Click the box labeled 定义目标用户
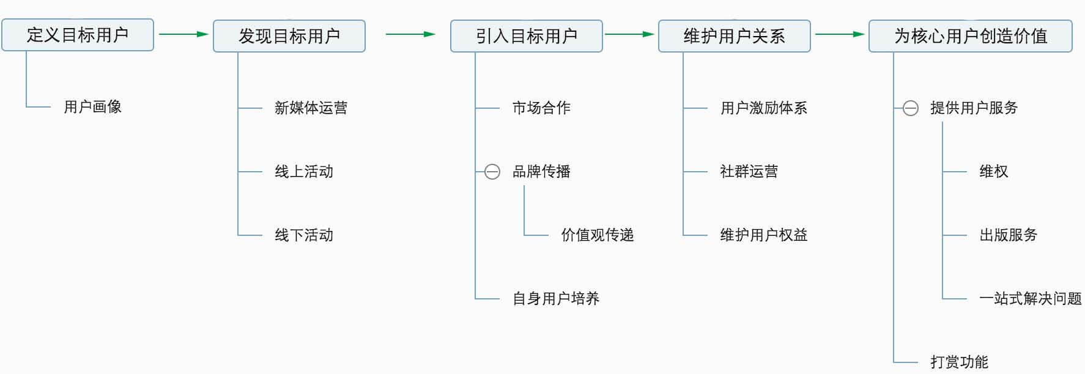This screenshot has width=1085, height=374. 78,35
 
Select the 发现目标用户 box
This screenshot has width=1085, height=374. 289,36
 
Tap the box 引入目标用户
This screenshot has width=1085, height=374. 527,36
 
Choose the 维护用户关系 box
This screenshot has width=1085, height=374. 734,36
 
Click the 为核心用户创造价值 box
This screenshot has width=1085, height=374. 971,36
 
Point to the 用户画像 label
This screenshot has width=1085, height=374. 92,107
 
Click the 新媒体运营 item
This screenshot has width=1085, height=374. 311,108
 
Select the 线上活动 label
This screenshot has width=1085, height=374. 304,172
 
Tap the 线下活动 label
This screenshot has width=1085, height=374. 304,235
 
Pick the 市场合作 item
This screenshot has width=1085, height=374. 541,108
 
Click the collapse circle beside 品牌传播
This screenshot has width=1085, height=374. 492,172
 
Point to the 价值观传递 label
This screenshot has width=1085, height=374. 598,235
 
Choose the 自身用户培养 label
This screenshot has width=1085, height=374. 556,299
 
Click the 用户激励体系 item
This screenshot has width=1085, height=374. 764,108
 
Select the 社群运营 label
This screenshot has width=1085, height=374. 749,172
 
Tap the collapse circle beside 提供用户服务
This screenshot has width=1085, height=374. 911,108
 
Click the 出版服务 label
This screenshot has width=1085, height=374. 1009,235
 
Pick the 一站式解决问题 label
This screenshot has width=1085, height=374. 1031,299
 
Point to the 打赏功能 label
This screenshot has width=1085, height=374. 960,362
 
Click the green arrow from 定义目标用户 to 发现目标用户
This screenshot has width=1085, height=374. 183,34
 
